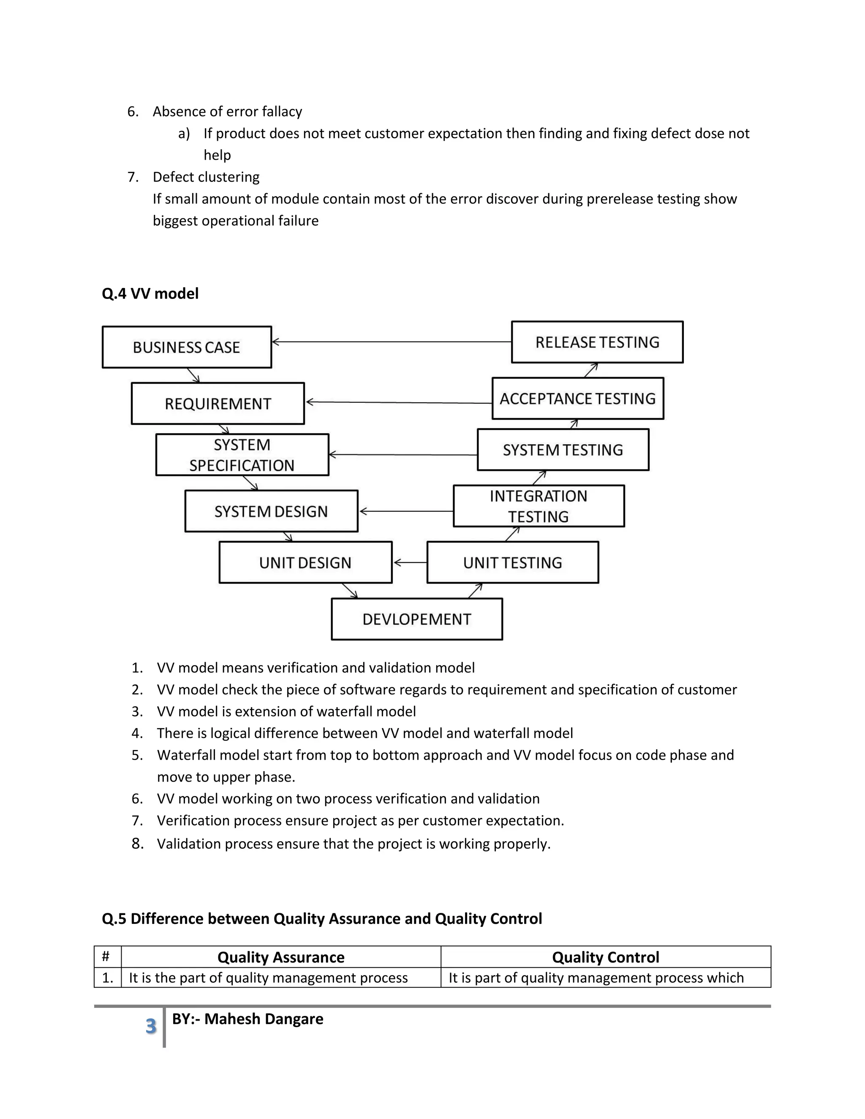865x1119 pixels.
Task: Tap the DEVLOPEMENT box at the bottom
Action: click(x=416, y=619)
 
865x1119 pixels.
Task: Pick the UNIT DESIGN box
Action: click(x=305, y=562)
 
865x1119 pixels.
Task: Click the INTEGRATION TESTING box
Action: click(x=539, y=506)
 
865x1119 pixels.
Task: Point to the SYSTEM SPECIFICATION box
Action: click(x=242, y=454)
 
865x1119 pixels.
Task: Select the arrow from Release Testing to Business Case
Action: click(x=392, y=342)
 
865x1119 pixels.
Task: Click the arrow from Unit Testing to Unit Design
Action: click(x=410, y=562)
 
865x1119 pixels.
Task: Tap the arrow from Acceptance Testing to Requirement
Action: click(x=399, y=403)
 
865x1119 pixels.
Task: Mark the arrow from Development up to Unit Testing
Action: click(x=475, y=591)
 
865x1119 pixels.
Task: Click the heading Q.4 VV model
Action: click(x=150, y=293)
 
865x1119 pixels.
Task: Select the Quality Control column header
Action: click(x=605, y=957)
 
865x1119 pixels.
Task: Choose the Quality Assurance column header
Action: click(x=281, y=957)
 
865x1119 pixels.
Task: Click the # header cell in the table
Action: click(x=106, y=956)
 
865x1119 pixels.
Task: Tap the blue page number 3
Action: click(x=151, y=1026)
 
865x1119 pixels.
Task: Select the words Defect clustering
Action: click(x=206, y=177)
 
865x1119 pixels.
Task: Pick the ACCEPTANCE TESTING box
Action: click(x=577, y=398)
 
